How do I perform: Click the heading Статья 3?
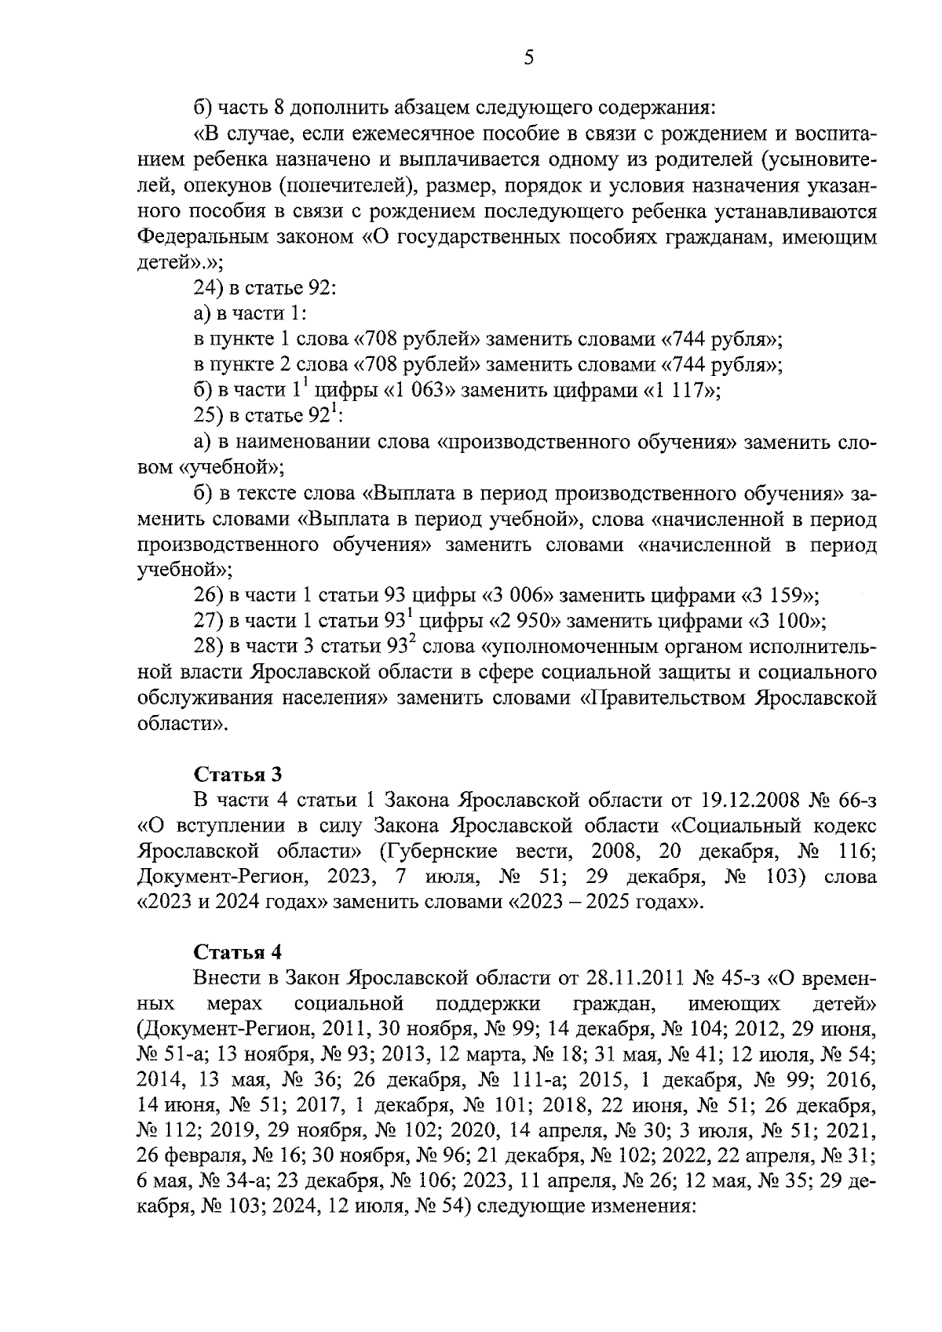[237, 775]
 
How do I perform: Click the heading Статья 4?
[237, 952]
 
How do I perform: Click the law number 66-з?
[854, 801]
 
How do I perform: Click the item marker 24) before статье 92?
[208, 288]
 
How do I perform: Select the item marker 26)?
[208, 595]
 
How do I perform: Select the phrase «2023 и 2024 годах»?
[231, 902]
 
